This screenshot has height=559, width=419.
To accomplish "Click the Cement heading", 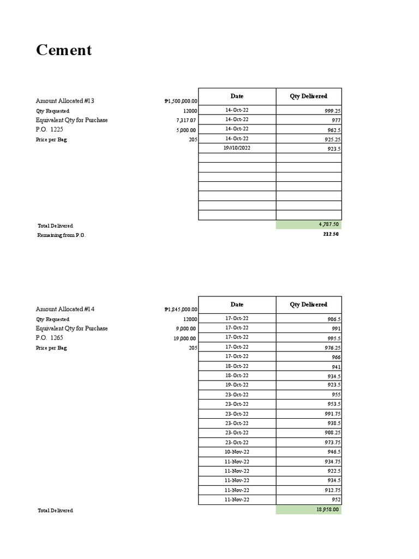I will [x=64, y=50].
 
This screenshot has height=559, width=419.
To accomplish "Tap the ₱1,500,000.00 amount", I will [x=181, y=101].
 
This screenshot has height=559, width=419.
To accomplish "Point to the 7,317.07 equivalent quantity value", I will [x=186, y=120].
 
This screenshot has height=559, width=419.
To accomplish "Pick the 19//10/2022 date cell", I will [x=237, y=148].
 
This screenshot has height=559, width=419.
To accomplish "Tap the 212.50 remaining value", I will [x=331, y=234].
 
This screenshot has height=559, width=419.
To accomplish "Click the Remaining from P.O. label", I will [x=62, y=235].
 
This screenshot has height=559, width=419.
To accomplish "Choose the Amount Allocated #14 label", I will [x=65, y=310].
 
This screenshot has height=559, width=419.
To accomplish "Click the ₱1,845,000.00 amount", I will [x=181, y=310].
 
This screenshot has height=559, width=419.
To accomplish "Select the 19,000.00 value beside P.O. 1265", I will [x=185, y=338].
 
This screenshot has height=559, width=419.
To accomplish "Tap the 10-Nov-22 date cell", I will [x=237, y=452].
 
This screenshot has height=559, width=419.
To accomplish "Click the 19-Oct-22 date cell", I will [x=237, y=385].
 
